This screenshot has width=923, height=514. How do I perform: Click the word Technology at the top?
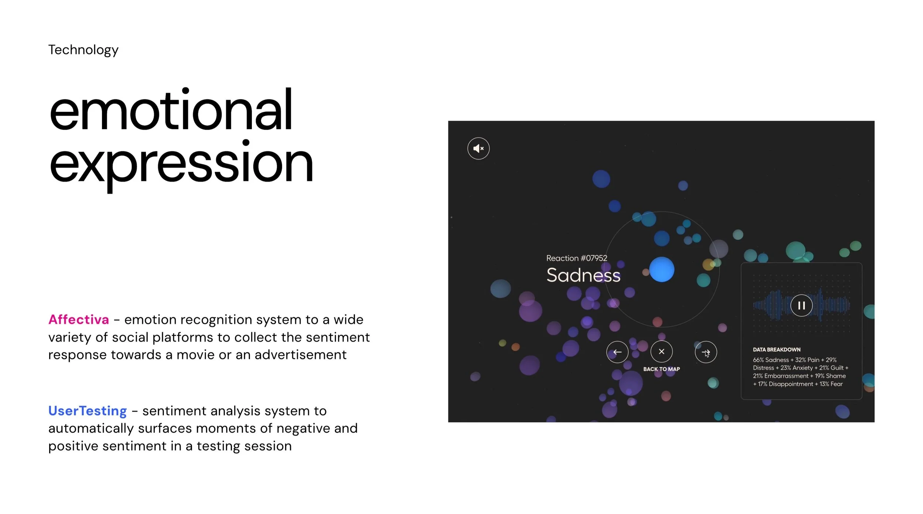pos(83,50)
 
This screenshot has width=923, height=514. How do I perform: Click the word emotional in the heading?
pos(171,109)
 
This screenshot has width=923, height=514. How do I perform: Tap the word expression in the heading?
pos(181,165)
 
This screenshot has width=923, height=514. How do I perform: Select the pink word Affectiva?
pos(79,319)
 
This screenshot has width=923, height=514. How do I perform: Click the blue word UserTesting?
pos(88,411)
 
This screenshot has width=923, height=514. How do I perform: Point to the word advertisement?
pos(301,355)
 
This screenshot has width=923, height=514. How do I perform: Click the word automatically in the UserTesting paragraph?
pos(91,429)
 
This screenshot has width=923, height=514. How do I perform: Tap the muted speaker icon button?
pos(478,148)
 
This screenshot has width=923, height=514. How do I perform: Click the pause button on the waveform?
pos(801,305)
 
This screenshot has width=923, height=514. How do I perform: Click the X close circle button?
pos(662,352)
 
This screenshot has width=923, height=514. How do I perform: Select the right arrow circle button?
pos(706,352)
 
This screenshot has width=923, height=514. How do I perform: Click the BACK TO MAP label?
pos(662,369)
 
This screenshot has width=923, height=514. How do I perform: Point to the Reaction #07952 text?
pos(577,258)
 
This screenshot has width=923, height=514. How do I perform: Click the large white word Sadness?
pos(583,275)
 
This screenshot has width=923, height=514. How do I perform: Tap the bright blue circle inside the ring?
pos(662,270)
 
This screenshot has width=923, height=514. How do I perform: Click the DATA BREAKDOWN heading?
pos(777,350)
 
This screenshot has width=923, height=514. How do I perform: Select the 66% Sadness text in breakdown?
pos(771,360)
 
